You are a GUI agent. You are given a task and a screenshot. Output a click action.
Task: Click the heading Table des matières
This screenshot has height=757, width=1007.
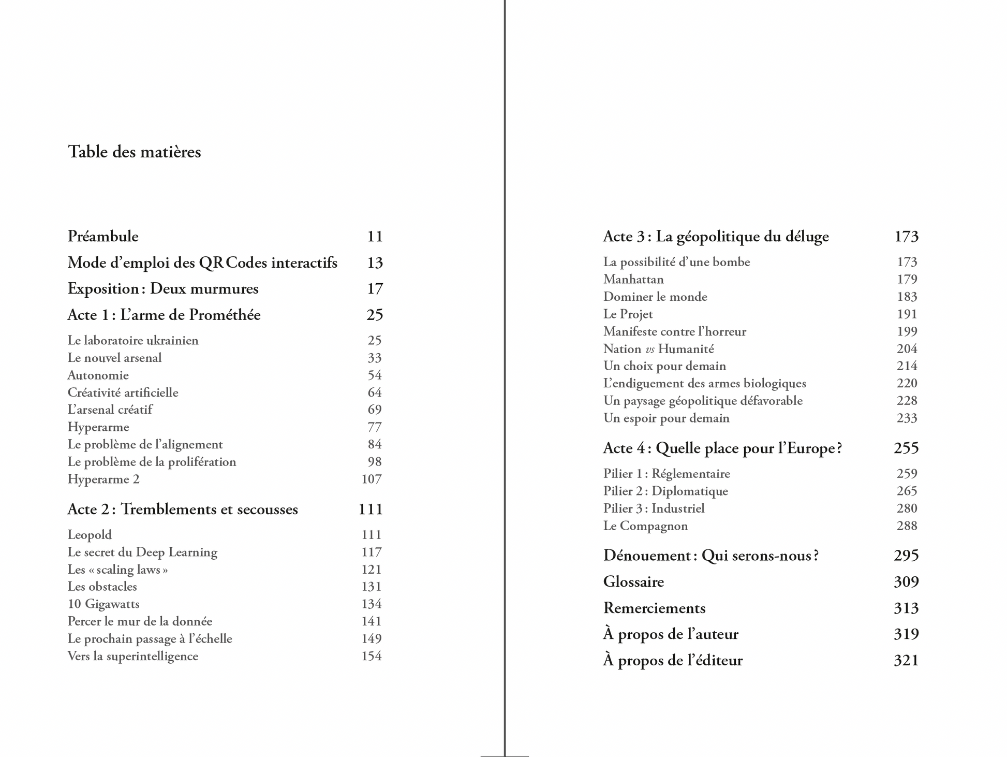pyautogui.click(x=134, y=152)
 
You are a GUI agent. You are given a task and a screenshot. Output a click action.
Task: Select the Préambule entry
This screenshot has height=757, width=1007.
pyautogui.click(x=103, y=236)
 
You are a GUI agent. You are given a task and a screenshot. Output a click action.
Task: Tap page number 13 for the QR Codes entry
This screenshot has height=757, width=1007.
pyautogui.click(x=375, y=263)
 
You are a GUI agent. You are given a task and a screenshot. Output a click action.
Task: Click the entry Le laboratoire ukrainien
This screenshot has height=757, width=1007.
pyautogui.click(x=133, y=340)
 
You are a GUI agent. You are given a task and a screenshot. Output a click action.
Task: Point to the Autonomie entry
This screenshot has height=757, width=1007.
pyautogui.click(x=98, y=375)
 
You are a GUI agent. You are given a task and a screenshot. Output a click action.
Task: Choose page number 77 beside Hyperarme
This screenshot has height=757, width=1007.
pyautogui.click(x=374, y=427)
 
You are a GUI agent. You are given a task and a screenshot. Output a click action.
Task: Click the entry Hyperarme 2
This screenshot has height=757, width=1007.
pyautogui.click(x=103, y=479)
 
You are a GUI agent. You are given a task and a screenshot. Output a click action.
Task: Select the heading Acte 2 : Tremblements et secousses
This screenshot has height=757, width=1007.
pyautogui.click(x=183, y=509)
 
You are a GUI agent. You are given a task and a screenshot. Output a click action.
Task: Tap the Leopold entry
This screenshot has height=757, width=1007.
pyautogui.click(x=90, y=534)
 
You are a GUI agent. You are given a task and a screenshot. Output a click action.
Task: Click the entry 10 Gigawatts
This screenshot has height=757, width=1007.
pyautogui.click(x=103, y=604)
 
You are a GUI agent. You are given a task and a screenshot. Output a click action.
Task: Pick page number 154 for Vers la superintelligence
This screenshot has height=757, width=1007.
pyautogui.click(x=371, y=656)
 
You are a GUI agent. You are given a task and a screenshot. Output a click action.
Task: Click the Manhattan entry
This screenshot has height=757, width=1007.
pyautogui.click(x=633, y=279)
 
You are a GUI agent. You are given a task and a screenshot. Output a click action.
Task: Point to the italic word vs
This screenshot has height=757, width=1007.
pyautogui.click(x=650, y=349)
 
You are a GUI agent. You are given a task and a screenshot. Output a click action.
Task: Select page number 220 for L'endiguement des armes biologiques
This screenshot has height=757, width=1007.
pyautogui.click(x=907, y=383)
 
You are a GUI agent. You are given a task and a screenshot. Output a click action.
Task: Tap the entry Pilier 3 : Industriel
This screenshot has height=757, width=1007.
pyautogui.click(x=654, y=508)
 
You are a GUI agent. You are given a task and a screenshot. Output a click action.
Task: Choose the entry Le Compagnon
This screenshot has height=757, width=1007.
pyautogui.click(x=645, y=526)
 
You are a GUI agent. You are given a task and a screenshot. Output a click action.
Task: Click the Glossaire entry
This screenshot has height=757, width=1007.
pyautogui.click(x=633, y=581)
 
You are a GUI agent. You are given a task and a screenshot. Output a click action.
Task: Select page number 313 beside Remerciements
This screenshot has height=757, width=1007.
pyautogui.click(x=906, y=608)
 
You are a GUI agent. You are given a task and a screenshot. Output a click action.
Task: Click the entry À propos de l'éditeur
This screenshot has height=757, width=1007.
pyautogui.click(x=673, y=660)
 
